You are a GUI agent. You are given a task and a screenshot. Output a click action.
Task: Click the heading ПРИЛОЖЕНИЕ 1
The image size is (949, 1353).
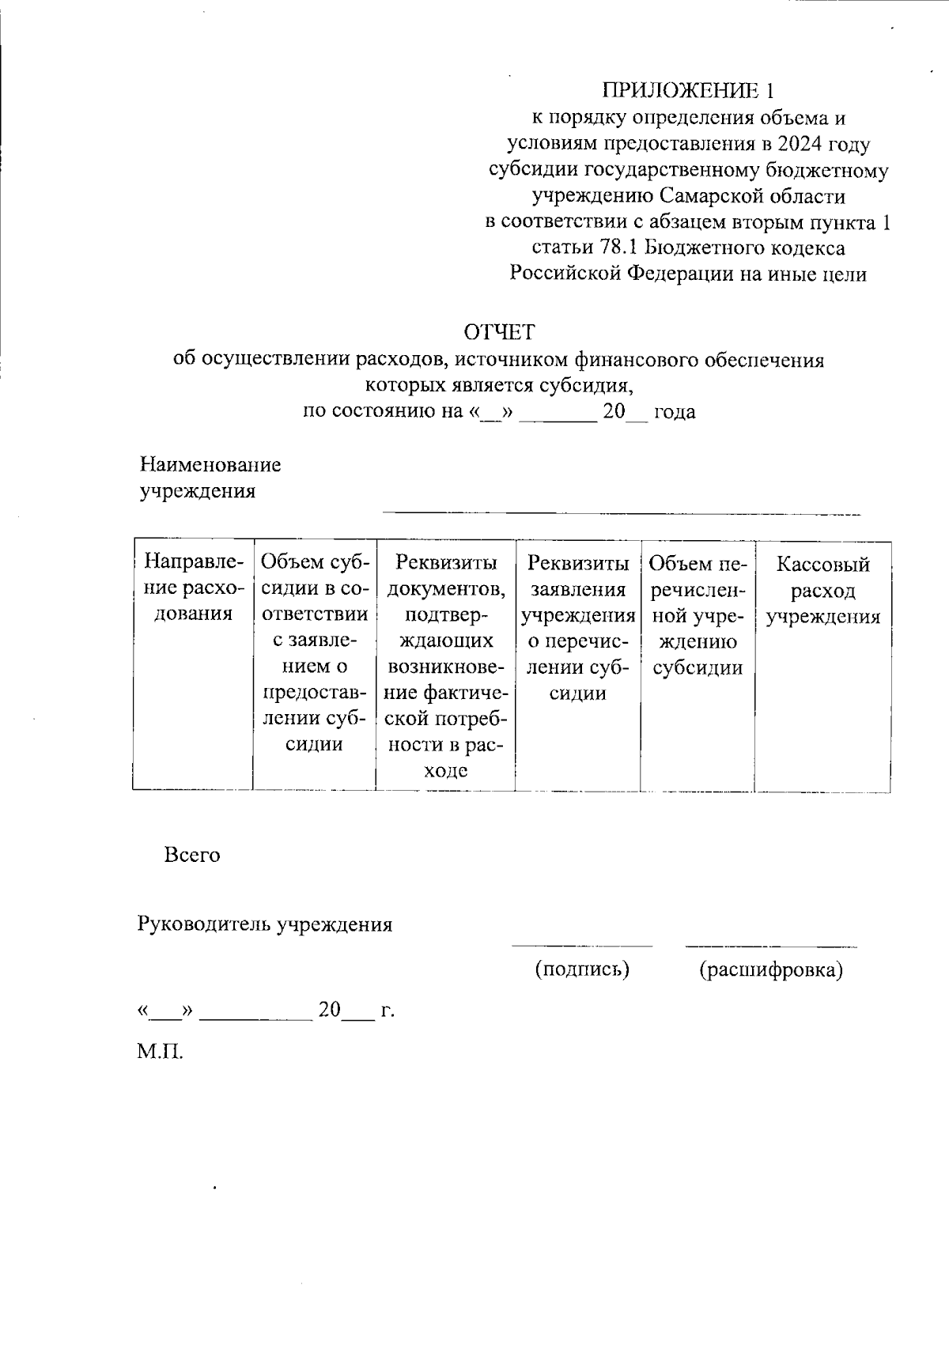686,89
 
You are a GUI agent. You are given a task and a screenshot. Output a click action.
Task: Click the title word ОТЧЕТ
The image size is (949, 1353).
499,331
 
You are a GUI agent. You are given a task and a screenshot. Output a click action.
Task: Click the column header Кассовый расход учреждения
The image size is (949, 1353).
822,590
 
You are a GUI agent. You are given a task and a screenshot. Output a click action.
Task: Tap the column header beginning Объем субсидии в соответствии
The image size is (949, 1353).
314,652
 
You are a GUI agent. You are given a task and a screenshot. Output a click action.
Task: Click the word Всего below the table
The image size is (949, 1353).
192,855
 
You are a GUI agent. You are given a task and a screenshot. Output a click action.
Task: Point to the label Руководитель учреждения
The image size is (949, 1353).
265,924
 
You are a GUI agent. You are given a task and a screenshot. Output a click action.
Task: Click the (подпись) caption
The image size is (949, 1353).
582,969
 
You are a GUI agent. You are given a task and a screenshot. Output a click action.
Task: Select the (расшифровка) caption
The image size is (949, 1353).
770,969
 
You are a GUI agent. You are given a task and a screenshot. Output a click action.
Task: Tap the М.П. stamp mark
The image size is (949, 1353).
161,1053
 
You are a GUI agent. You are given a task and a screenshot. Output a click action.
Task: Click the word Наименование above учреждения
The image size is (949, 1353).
210,464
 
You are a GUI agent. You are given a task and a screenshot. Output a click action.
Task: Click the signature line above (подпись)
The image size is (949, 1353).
582,945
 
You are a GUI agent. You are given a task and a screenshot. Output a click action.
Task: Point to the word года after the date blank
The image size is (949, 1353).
675,412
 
